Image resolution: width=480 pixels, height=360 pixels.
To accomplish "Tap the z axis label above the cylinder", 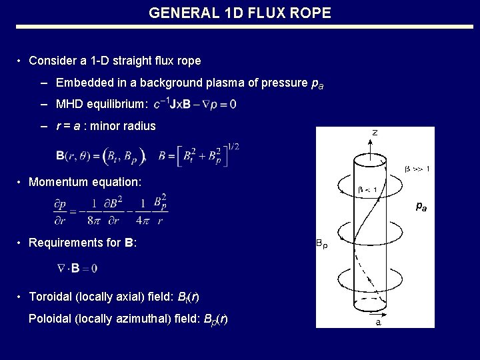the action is point(374,133).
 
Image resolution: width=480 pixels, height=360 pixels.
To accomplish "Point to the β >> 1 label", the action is point(417,169).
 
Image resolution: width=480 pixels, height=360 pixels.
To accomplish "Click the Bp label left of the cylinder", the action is point(321,244).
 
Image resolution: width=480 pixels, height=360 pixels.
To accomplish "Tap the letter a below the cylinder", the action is point(379,323).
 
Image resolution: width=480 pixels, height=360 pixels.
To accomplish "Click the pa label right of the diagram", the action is point(421,207).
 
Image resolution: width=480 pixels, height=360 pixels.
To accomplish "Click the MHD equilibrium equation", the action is point(194,104).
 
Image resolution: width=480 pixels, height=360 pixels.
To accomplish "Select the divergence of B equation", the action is point(77,268).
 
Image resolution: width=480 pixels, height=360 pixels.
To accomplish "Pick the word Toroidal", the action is point(49,297).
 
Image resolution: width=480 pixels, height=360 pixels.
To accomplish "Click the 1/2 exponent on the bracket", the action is point(233,146).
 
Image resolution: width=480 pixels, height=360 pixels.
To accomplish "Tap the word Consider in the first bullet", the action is point(53,61).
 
